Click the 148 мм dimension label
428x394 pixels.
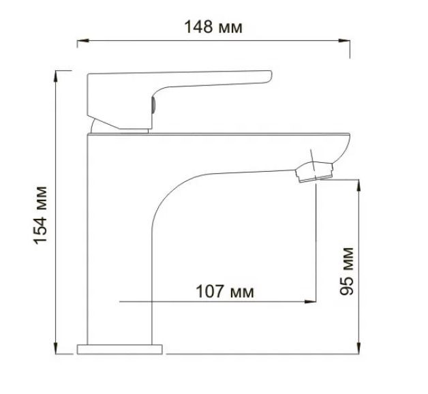click(x=213, y=27)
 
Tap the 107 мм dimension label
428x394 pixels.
click(x=224, y=292)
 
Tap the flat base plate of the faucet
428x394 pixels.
click(x=121, y=349)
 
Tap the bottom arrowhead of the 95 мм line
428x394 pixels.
click(x=358, y=348)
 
